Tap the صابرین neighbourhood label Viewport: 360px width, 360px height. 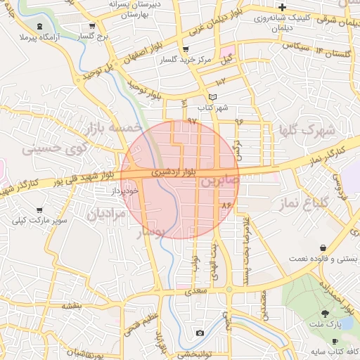click(220, 181)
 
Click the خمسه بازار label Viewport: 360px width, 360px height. click(112, 129)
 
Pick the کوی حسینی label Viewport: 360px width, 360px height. click(54, 148)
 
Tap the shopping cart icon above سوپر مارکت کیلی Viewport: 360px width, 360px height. click(39, 210)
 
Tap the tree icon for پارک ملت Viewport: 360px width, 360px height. click(325, 314)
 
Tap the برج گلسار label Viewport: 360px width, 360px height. click(94, 36)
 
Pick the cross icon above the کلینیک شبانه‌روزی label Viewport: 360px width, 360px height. click(282, 6)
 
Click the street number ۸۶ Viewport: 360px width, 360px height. click(226, 205)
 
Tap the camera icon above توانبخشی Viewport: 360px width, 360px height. click(200, 333)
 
